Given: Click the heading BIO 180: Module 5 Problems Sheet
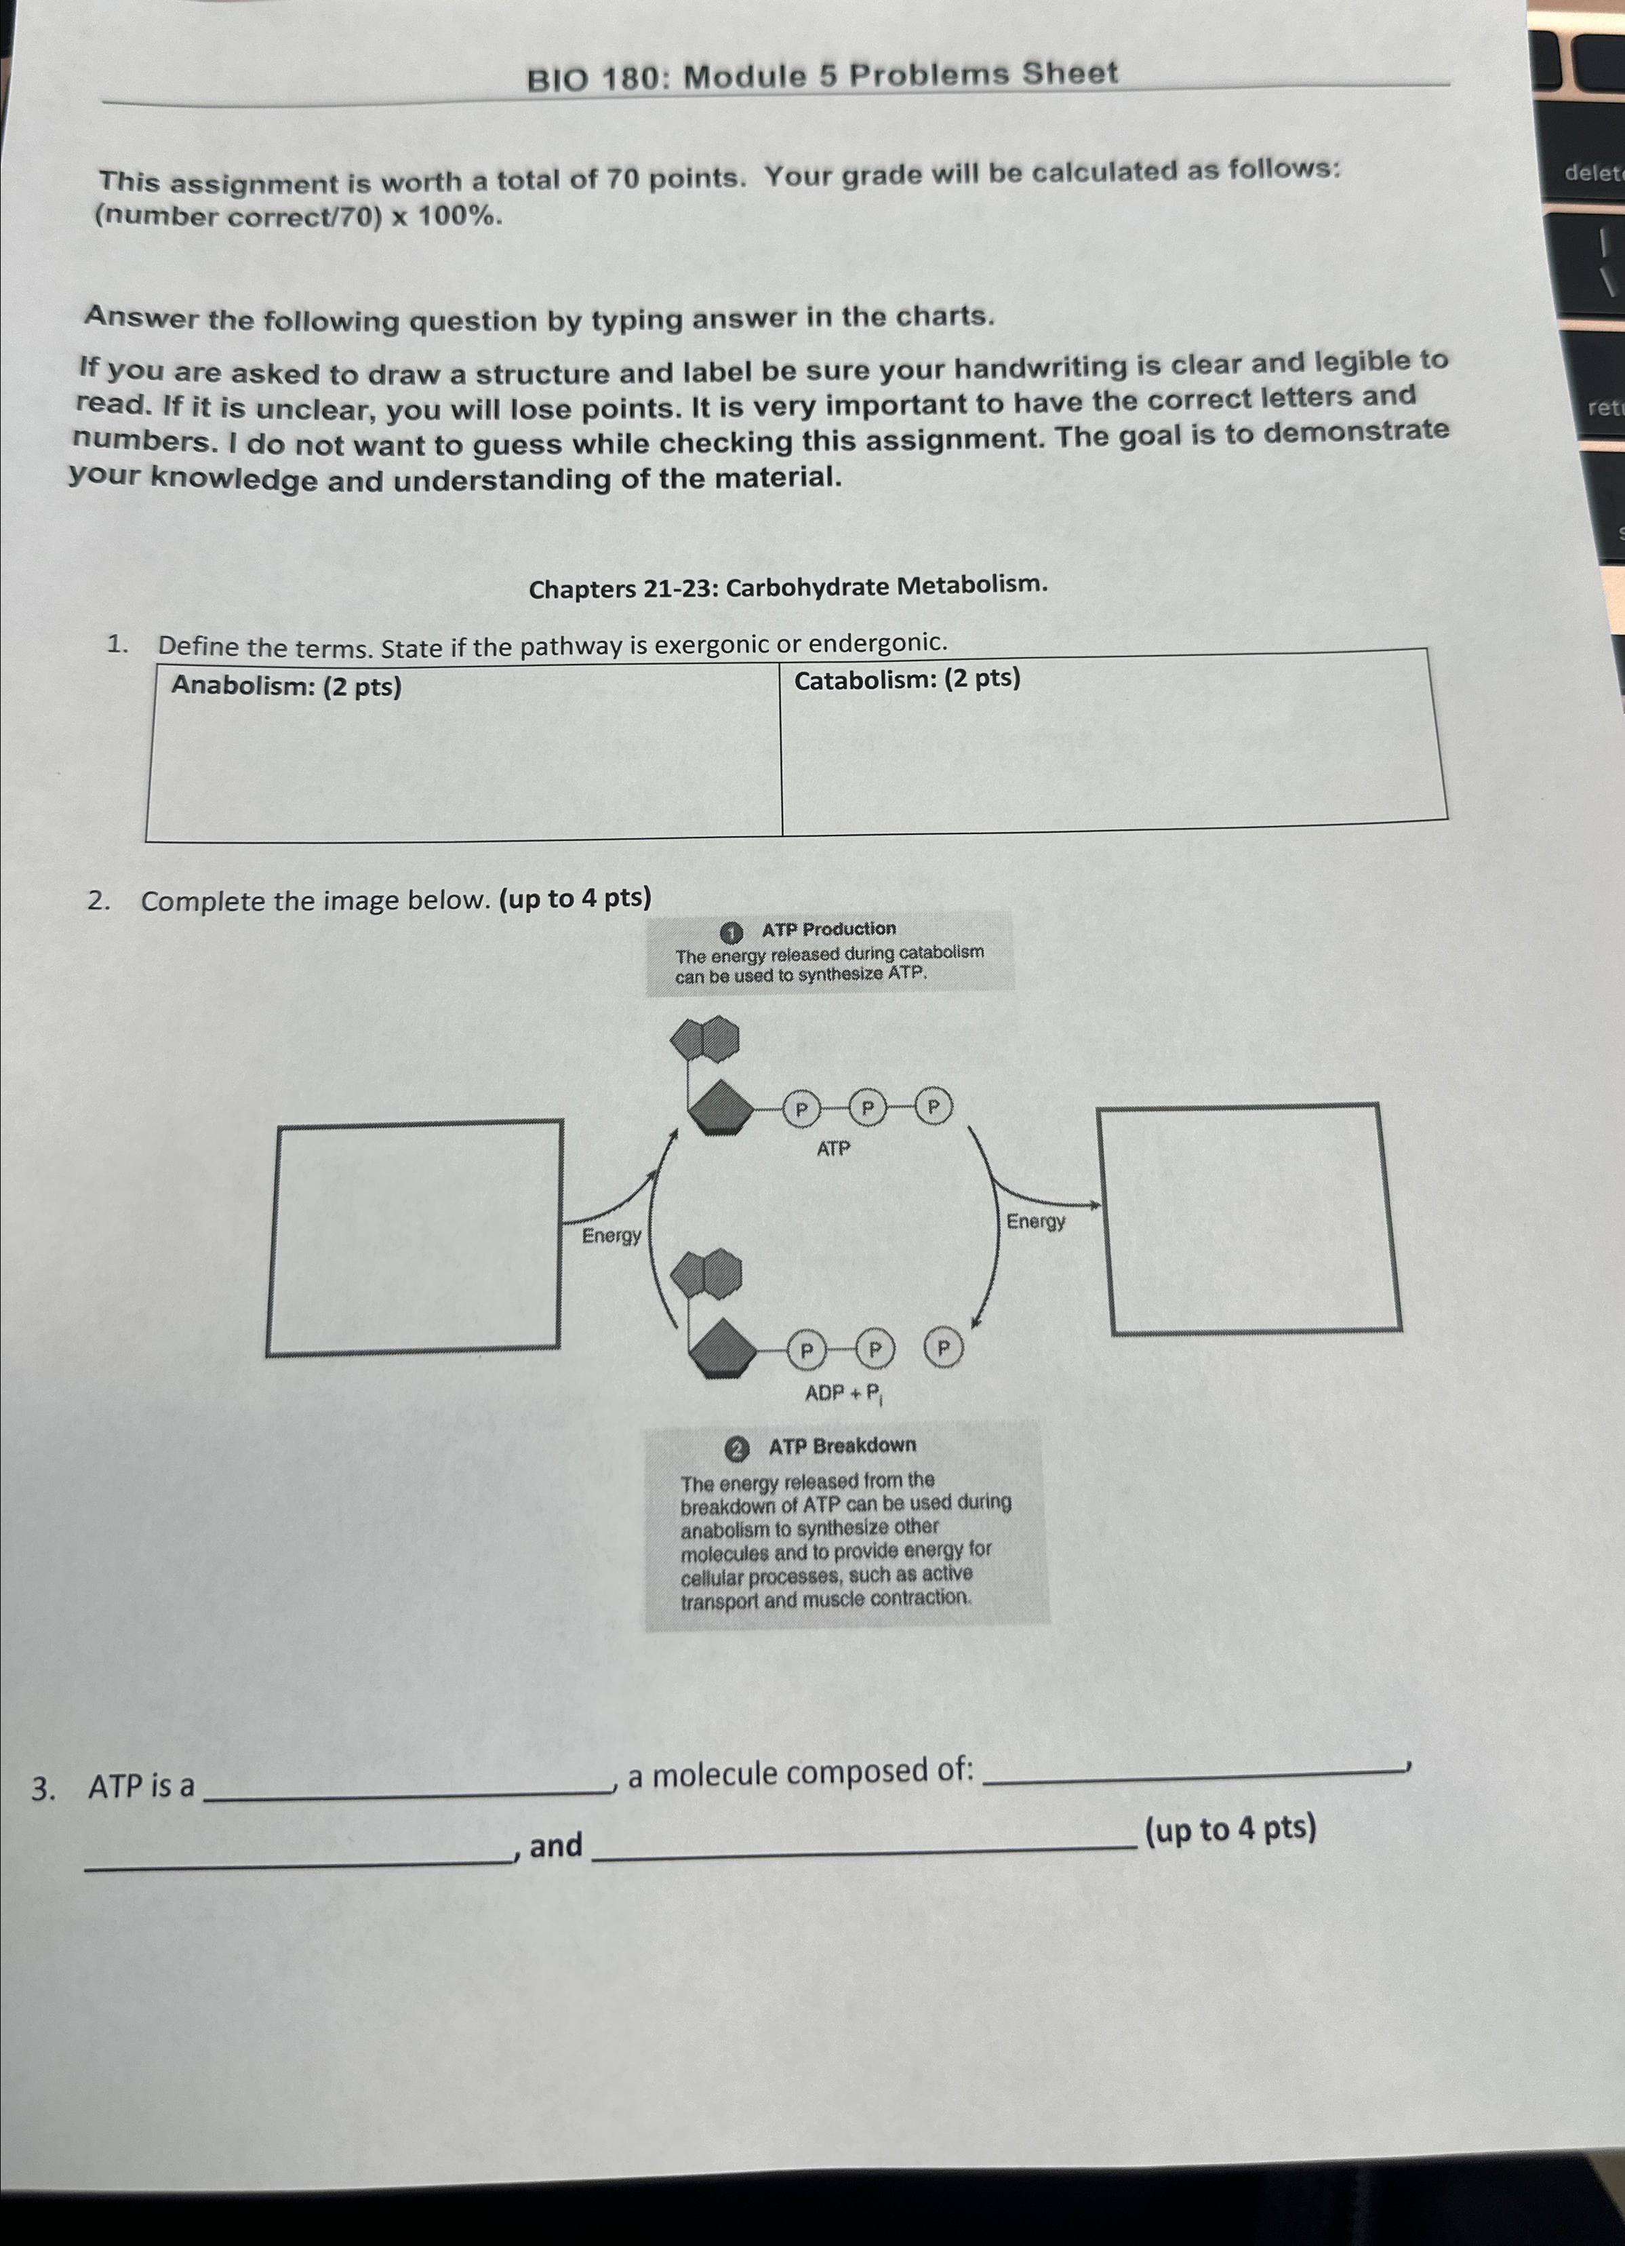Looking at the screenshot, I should click(x=822, y=75).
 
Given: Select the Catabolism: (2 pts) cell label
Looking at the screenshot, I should click(x=906, y=679).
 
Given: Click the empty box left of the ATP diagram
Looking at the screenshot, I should click(x=415, y=1238).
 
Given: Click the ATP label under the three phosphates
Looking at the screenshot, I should click(x=832, y=1149).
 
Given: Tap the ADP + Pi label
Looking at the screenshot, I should click(x=845, y=1394).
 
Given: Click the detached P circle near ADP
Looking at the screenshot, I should click(x=944, y=1347).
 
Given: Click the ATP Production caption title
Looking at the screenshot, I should click(x=828, y=929).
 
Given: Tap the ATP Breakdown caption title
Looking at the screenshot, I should click(x=842, y=1446).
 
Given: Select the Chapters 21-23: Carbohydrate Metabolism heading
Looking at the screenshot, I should click(x=788, y=587).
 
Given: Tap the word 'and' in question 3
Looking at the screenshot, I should click(x=555, y=1846).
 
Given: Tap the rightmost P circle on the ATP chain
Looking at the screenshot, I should click(x=933, y=1105).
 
